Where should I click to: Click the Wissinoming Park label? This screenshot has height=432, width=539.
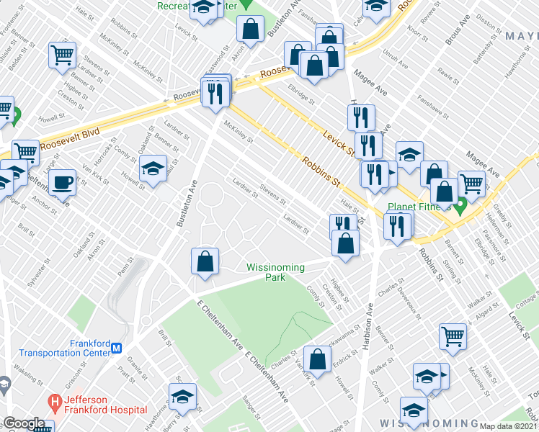tap(275, 271)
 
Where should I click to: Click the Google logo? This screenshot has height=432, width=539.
tap(24, 423)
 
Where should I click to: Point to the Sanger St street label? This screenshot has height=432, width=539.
tap(250, 408)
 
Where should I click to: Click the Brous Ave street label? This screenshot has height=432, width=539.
tap(452, 32)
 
